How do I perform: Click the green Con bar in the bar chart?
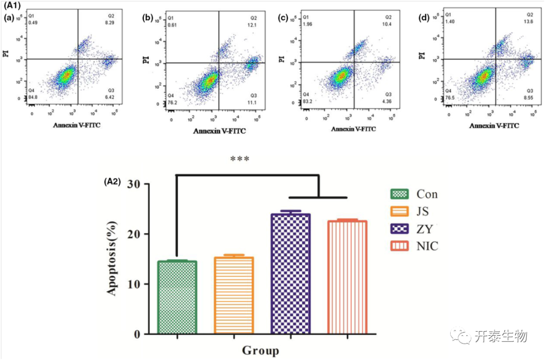point(177,297)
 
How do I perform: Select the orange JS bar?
point(234,295)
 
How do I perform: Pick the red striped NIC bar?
point(347,277)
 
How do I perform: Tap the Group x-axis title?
point(260,350)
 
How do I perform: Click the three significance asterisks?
point(240,160)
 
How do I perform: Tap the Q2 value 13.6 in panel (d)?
point(529,22)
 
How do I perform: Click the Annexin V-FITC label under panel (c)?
point(354,129)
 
